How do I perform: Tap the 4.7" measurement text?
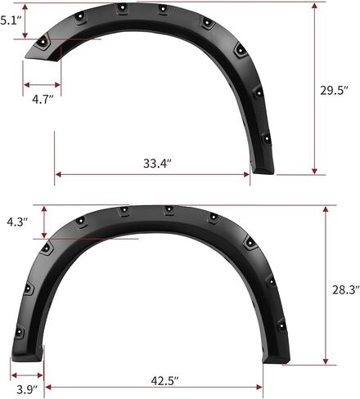[43, 99]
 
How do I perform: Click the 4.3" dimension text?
[17, 222]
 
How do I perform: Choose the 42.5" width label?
[155, 380]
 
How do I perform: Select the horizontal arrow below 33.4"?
[153, 173]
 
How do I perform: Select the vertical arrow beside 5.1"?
[27, 20]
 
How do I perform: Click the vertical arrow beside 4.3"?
[43, 222]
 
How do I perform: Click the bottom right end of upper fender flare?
[263, 171]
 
